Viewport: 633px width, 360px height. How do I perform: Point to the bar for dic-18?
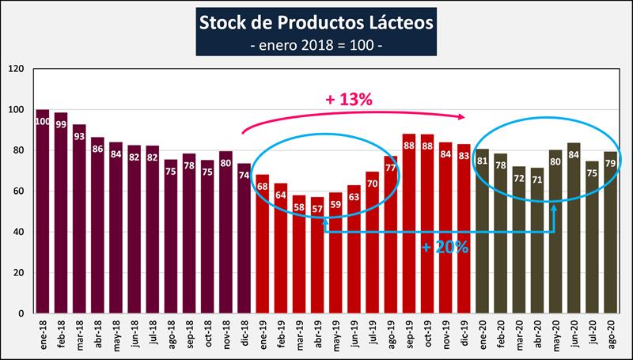click(x=244, y=238)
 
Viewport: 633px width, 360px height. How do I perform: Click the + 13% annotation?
click(x=348, y=100)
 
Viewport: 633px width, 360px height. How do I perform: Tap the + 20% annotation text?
click(x=445, y=247)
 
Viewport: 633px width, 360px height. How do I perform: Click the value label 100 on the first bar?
click(x=43, y=121)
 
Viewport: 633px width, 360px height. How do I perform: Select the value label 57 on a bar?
click(x=316, y=209)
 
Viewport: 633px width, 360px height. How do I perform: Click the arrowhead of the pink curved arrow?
click(x=462, y=117)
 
